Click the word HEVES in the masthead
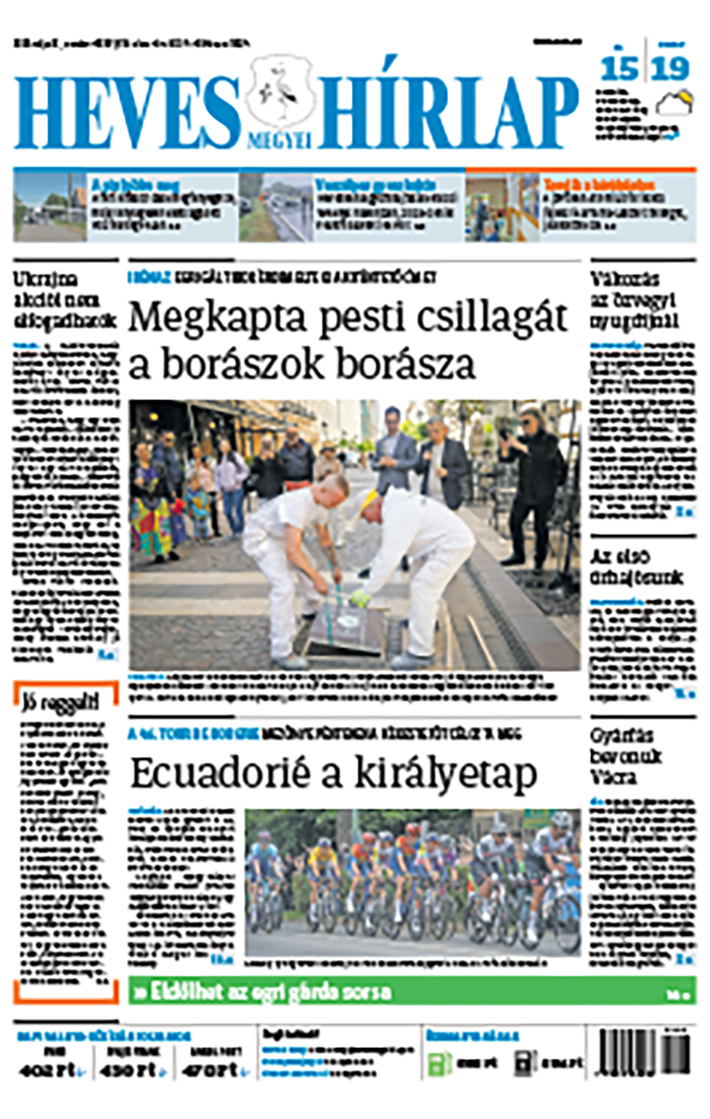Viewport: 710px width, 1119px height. (126, 113)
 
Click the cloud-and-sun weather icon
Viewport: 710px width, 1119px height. (675, 103)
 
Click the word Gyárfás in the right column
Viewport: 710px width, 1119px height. (622, 736)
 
